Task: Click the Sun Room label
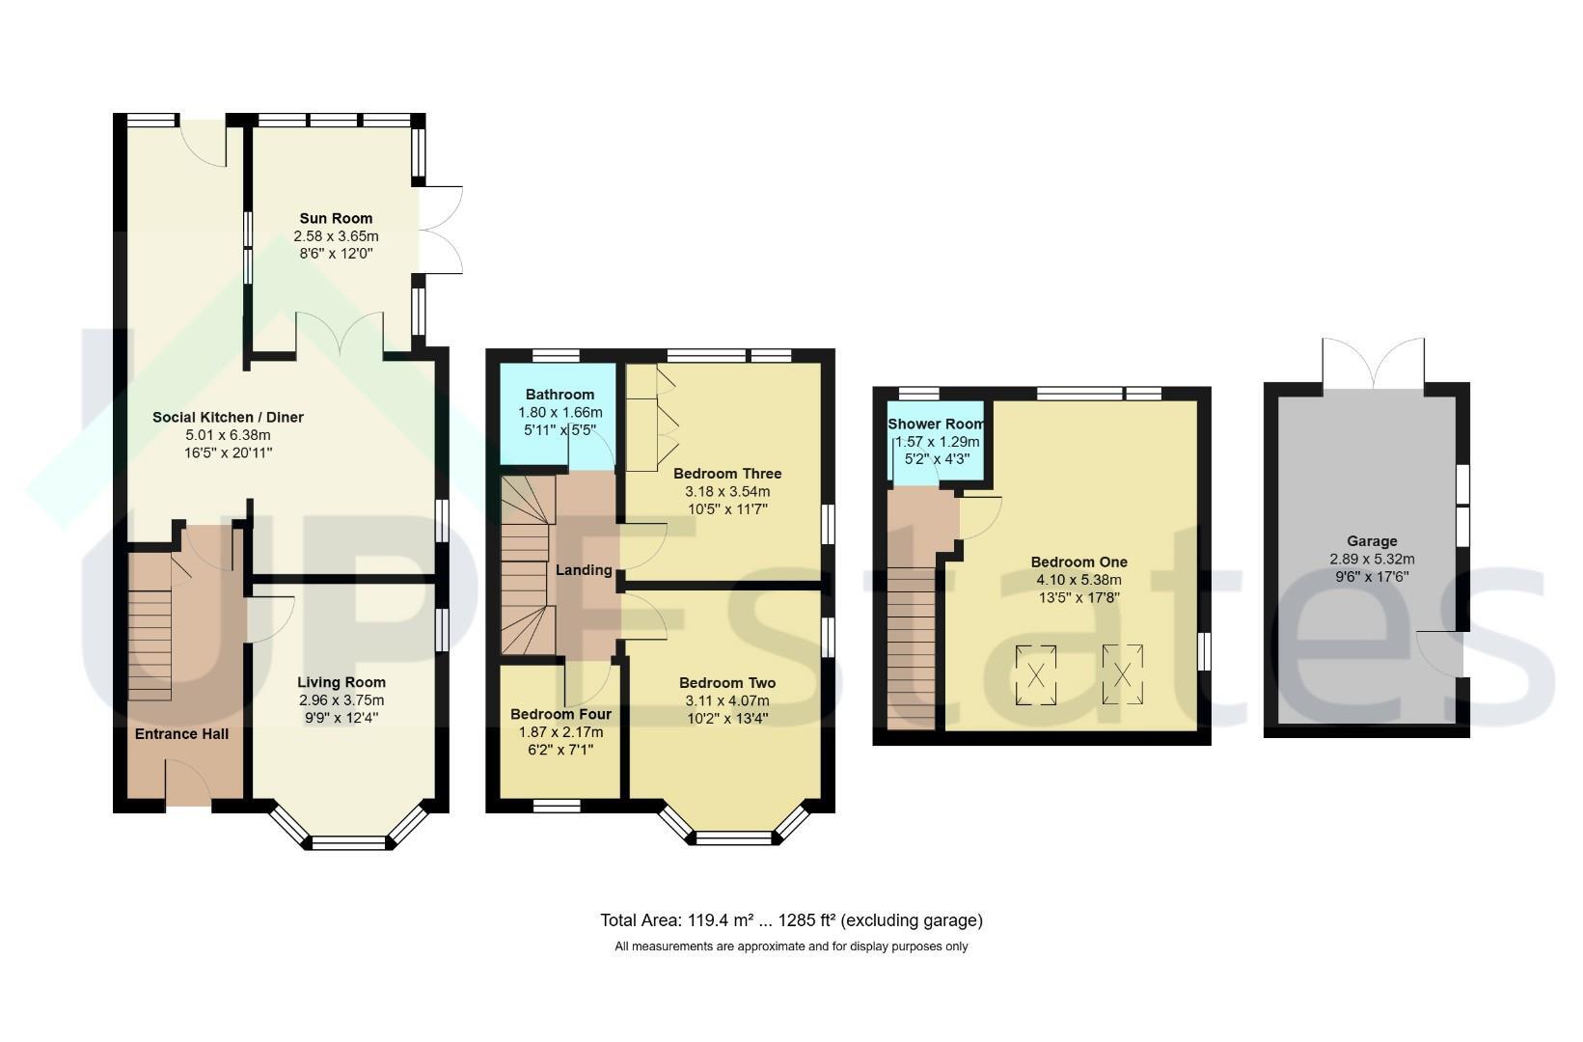(x=336, y=218)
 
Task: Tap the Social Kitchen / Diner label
(x=229, y=417)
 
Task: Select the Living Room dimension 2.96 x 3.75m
(x=341, y=699)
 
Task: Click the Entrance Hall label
(x=181, y=734)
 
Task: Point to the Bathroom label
(x=560, y=395)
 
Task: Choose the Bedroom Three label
(x=727, y=474)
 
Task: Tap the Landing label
(x=584, y=570)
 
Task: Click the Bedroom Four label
(x=560, y=714)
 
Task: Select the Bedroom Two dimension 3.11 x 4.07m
(x=727, y=700)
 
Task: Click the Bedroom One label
(x=1079, y=562)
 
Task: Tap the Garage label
(x=1372, y=541)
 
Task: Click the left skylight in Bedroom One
(x=1036, y=675)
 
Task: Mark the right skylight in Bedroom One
(x=1122, y=674)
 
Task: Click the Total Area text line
(x=791, y=920)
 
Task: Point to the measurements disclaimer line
(x=791, y=946)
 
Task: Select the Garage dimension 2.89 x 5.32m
(x=1372, y=560)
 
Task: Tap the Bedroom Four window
(x=557, y=806)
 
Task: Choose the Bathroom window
(x=556, y=356)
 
